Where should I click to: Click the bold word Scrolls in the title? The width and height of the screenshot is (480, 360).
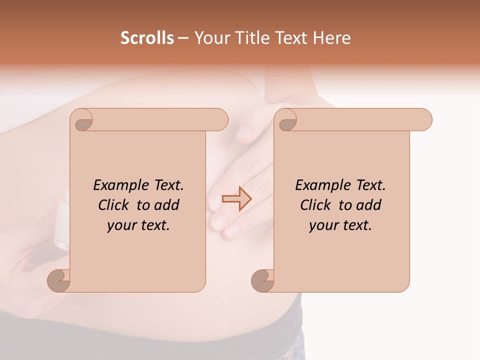(147, 38)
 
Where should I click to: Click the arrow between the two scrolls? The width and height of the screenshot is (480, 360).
(236, 198)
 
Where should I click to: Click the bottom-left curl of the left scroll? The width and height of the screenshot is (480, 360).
(59, 280)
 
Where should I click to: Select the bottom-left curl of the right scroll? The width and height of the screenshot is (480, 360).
(263, 280)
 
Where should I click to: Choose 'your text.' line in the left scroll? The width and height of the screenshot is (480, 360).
(138, 225)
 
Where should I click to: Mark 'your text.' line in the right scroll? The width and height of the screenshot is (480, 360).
(340, 225)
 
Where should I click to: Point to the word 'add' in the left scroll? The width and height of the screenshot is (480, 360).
(166, 205)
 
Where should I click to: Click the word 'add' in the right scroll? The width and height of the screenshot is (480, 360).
(368, 205)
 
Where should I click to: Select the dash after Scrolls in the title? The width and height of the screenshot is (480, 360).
(183, 38)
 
